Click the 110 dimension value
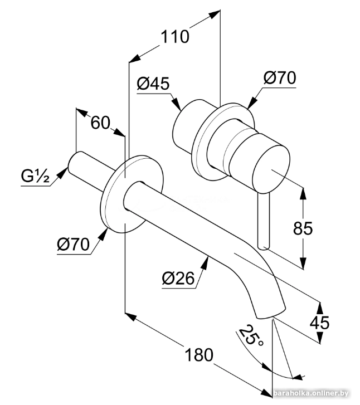pyautogui.click(x=175, y=37)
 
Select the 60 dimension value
pyautogui.click(x=100, y=123)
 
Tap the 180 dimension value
pyautogui.click(x=199, y=355)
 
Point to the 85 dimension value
pyautogui.click(x=303, y=228)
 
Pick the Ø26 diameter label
pyautogui.click(x=178, y=279)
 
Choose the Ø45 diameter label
pyautogui.click(x=153, y=84)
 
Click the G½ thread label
pyautogui.click(x=35, y=177)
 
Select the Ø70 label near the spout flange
pyautogui.click(x=73, y=245)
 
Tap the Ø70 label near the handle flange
pyautogui.click(x=280, y=78)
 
